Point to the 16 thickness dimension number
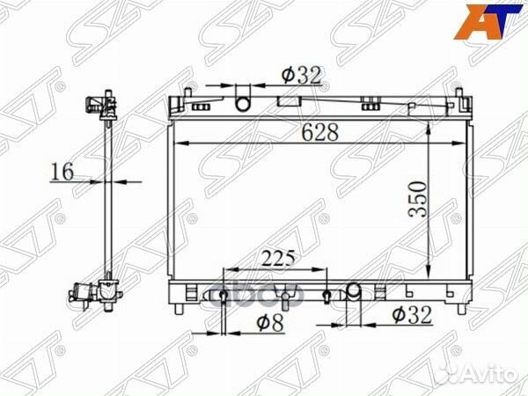tap(62, 171)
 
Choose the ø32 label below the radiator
tap(411, 315)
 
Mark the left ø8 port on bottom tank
tap(224, 295)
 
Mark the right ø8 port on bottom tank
tap(326, 295)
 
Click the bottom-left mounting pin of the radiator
tap(180, 307)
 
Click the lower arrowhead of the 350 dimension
tap(428, 272)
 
